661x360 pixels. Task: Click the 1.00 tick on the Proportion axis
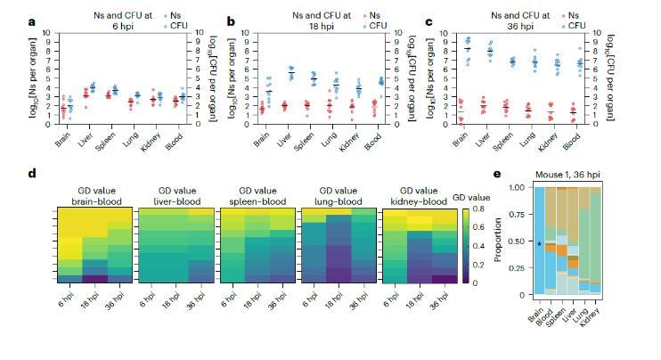click(x=517, y=187)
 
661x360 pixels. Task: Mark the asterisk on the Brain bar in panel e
click(x=538, y=243)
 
